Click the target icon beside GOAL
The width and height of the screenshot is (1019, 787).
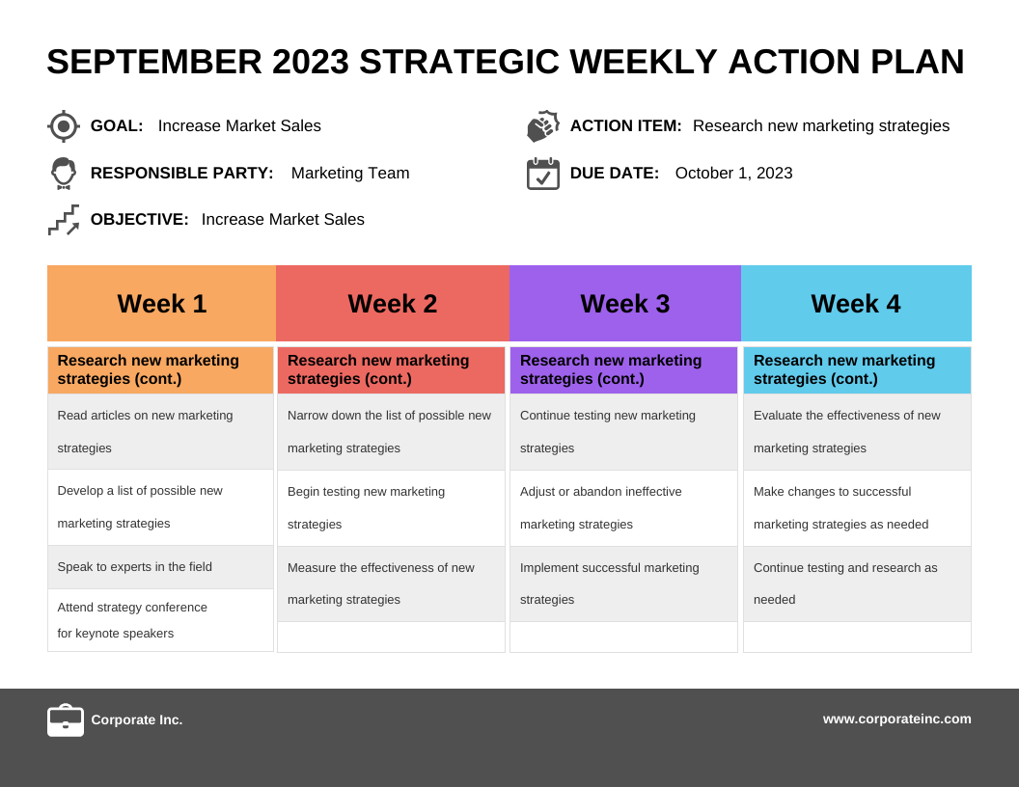[x=64, y=126]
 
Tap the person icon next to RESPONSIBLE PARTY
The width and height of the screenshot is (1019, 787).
[x=64, y=174]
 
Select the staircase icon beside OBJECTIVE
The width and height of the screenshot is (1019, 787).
[x=64, y=220]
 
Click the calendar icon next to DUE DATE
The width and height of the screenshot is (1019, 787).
[x=543, y=174]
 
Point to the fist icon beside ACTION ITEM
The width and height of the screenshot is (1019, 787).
[x=543, y=126]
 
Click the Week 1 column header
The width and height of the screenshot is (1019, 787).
[x=162, y=303]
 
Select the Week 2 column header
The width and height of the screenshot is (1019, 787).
[x=393, y=303]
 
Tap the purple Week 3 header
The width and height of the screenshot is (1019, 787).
[x=625, y=303]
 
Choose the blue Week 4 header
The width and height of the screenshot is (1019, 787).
[x=857, y=303]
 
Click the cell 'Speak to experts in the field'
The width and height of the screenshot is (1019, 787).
[x=160, y=567]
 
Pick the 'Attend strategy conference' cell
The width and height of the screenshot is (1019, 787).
[x=160, y=620]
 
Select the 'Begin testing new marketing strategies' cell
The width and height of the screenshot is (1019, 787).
[x=391, y=507]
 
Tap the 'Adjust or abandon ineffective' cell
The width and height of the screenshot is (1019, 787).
[x=624, y=507]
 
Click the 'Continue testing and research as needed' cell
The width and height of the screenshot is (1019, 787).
[x=857, y=583]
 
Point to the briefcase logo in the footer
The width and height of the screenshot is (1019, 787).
[x=66, y=720]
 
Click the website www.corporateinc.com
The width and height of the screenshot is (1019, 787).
[x=896, y=719]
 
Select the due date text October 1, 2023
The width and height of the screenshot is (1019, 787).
[x=733, y=174]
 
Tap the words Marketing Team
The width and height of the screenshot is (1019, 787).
[x=350, y=174]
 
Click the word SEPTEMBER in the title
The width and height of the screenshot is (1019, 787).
[x=154, y=62]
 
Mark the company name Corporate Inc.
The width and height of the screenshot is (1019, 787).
[x=136, y=719]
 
